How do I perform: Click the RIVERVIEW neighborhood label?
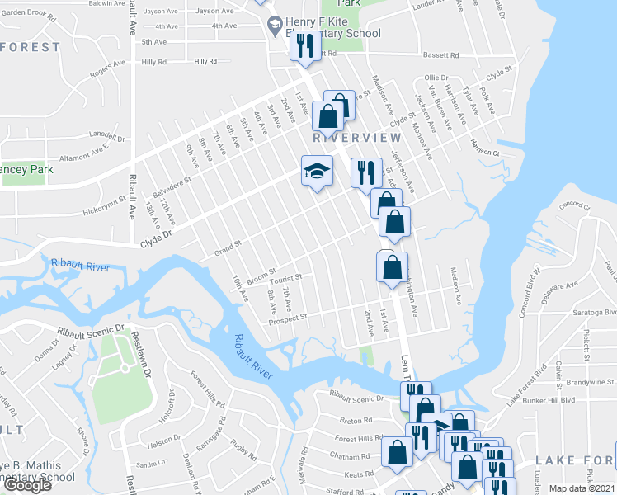tap(357, 138)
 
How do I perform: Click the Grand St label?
tap(227, 245)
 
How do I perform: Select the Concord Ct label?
tap(576, 205)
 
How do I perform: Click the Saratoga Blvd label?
tap(598, 313)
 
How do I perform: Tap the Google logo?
tap(26, 485)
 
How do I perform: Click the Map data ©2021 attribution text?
tap(582, 488)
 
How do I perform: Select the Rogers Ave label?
tap(106, 73)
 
